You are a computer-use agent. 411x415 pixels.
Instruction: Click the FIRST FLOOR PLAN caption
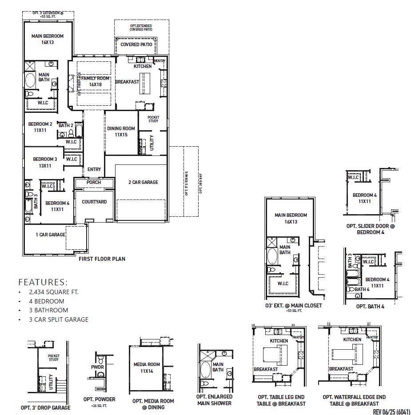tap(102, 259)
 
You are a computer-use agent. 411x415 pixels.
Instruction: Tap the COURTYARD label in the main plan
tap(94, 202)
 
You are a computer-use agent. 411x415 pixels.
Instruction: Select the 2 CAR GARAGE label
tap(143, 182)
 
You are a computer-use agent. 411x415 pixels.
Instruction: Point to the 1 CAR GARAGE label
tap(51, 235)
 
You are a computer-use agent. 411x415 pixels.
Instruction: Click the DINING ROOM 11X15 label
tap(121, 132)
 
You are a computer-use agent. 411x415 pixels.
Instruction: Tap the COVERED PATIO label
tap(136, 44)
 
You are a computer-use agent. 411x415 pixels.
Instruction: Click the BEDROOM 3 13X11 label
tap(45, 162)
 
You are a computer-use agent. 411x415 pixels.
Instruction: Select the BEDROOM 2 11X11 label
tap(40, 127)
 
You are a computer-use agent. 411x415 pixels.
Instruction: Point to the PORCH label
tap(94, 182)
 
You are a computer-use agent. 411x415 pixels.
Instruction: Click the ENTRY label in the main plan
tap(94, 169)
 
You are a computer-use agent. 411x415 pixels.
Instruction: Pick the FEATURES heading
tap(43, 282)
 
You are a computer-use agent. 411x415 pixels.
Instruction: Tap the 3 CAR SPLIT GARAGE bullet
tap(59, 319)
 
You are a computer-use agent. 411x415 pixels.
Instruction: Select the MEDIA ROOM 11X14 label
tap(147, 367)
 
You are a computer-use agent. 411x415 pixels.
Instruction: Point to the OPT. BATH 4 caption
tap(370, 307)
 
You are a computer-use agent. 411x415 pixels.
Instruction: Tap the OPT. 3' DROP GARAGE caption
tap(45, 407)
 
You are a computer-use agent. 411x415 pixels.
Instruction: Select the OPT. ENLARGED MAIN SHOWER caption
tap(214, 400)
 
